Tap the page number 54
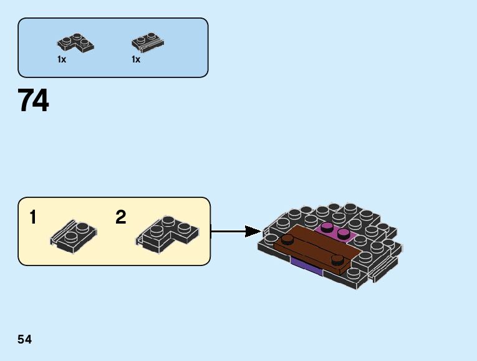coord(25,339)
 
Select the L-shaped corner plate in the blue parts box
coord(75,42)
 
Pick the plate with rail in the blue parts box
coord(147,42)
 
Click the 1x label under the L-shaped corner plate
coord(61,59)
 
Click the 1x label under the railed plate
coord(136,59)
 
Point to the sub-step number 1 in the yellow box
coord(32,217)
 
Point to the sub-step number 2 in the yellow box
coord(121,217)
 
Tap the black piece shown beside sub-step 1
coord(72,235)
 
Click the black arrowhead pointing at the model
coord(252,232)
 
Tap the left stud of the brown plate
coord(287,239)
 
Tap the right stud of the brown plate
coord(337,259)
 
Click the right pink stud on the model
coord(342,234)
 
